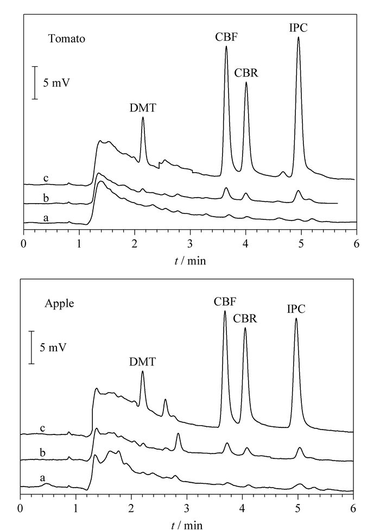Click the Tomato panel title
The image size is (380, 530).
coord(67,39)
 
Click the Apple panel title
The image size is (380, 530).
coord(59,304)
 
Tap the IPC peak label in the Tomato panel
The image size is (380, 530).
coord(298,28)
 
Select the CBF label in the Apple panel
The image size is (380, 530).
coord(225,301)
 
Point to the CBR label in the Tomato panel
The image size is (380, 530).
coord(246,73)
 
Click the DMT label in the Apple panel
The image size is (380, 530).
coord(142,362)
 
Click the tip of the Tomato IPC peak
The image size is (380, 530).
coord(298,37)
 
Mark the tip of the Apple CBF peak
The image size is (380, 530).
coord(225,311)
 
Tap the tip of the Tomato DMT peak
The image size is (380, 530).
coord(143,117)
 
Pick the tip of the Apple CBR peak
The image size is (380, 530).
coord(245,327)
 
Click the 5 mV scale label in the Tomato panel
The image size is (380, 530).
coord(56,83)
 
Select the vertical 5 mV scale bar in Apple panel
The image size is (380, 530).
coord(31,348)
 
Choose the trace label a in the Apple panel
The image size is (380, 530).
coord(42,478)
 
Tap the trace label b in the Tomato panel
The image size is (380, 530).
coord(46,198)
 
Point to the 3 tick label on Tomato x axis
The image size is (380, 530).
coord(190,244)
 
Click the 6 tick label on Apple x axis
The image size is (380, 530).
coord(353,508)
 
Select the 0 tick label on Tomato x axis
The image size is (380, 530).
coord(24,244)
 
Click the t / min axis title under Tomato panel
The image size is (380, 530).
coord(190,261)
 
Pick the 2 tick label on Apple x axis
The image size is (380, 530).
coord(131,508)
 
